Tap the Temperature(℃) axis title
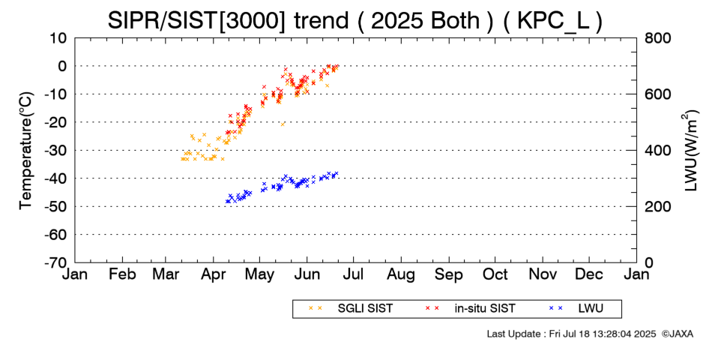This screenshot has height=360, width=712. [x=26, y=150]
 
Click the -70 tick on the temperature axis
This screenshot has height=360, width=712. [x=54, y=262]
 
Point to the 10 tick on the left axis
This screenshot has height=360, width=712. [x=58, y=37]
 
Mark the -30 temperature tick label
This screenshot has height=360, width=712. [x=54, y=150]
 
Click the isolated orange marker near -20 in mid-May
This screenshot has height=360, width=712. [x=283, y=124]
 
